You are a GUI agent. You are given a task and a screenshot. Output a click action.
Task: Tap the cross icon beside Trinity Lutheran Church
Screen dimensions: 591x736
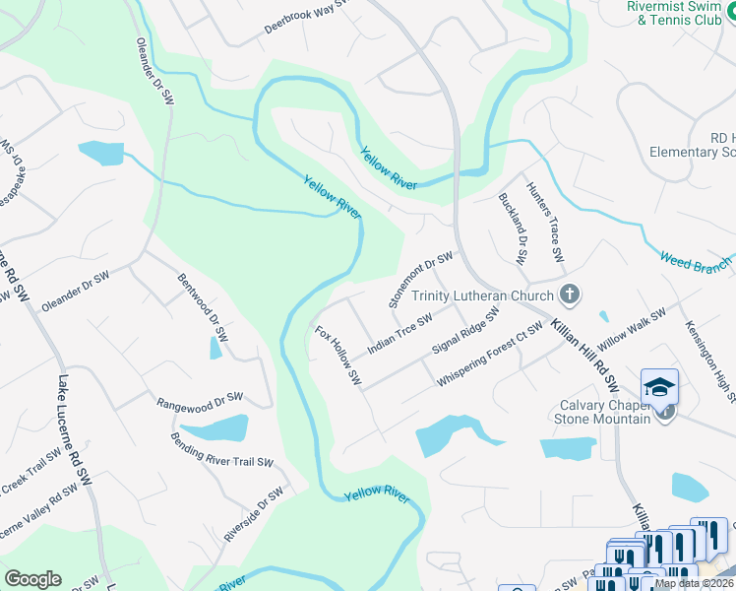(x=568, y=295)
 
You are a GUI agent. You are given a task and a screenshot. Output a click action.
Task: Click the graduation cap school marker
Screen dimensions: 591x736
(x=659, y=386)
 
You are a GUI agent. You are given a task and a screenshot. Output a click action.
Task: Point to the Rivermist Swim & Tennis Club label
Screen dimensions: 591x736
(x=674, y=13)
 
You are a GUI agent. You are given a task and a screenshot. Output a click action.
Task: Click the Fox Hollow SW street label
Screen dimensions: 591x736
(x=338, y=355)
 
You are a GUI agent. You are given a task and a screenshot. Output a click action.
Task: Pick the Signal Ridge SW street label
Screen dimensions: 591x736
(x=466, y=331)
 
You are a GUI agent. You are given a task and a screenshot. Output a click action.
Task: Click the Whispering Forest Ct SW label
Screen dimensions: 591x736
(x=490, y=354)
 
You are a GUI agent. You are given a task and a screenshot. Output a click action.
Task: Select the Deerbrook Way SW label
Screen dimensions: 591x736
(x=307, y=19)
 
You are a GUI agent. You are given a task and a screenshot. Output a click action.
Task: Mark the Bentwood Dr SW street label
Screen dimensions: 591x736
(x=201, y=309)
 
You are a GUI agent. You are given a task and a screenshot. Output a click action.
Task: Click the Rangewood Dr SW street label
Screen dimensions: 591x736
(x=200, y=401)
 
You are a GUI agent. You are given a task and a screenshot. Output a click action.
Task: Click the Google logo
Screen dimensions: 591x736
(x=32, y=579)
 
